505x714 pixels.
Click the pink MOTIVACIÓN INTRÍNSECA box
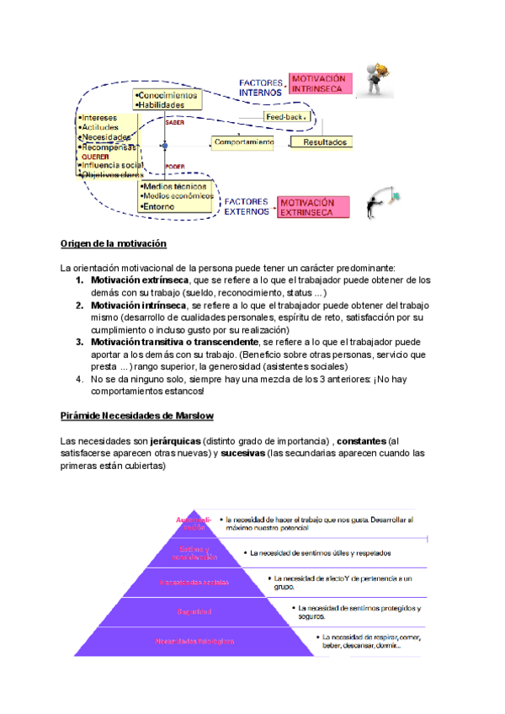pyautogui.click(x=318, y=83)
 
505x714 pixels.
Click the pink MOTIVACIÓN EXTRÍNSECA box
pyautogui.click(x=306, y=207)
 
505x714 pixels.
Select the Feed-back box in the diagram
pyautogui.click(x=284, y=116)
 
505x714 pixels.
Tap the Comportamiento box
pyautogui.click(x=244, y=142)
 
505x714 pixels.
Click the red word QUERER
pyautogui.click(x=94, y=156)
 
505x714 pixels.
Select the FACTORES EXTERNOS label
pyautogui.click(x=246, y=206)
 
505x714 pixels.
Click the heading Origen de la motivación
pyautogui.click(x=114, y=244)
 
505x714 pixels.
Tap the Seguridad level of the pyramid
pyautogui.click(x=194, y=611)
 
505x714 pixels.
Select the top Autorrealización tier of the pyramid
pyautogui.click(x=195, y=525)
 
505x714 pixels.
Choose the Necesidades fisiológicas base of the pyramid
pyautogui.click(x=194, y=641)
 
